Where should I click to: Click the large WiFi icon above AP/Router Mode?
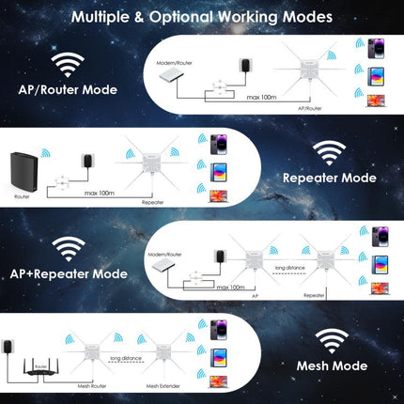(68, 65)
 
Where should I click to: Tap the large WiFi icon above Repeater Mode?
(328, 150)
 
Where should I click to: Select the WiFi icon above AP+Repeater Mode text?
(68, 247)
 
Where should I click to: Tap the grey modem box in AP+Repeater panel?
(164, 269)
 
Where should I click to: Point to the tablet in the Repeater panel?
(214, 171)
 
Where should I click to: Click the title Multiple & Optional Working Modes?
(201, 17)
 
